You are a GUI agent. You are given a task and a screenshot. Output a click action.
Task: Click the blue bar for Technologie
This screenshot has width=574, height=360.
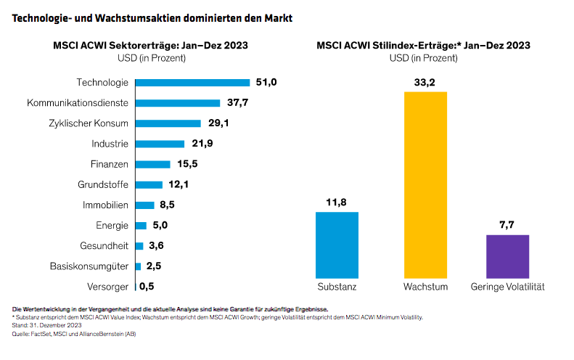click(192, 83)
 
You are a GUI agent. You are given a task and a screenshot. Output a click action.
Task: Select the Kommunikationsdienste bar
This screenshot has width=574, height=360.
click(177, 103)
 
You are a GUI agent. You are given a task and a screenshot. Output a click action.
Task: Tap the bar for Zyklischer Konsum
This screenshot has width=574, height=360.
click(168, 123)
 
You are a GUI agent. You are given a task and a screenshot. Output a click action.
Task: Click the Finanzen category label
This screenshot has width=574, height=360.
click(110, 164)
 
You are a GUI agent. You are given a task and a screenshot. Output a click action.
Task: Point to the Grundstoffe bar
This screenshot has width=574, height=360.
click(149, 184)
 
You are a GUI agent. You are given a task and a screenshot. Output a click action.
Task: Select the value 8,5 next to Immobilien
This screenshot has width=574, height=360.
click(166, 205)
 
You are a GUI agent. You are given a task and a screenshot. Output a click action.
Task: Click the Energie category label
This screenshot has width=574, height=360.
click(112, 225)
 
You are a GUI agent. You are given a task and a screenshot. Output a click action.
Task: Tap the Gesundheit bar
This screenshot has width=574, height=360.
click(139, 245)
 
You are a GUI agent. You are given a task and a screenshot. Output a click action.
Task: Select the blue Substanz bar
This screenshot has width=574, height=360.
click(337, 245)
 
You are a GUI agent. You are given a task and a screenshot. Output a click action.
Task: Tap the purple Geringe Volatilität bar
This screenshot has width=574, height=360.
click(507, 255)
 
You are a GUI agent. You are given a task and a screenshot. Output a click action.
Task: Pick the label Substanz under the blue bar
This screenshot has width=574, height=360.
click(337, 287)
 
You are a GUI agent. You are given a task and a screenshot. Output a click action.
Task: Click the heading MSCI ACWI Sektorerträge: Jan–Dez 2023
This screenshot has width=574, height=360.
click(150, 45)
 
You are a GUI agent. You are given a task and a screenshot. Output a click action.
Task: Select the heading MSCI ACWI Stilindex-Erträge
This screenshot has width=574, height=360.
click(423, 45)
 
